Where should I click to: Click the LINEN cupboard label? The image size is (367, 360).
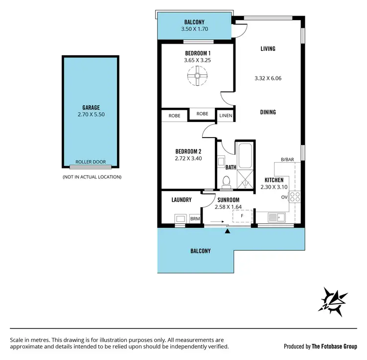(x=226, y=116)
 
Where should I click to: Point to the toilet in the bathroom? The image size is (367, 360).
(x=226, y=182)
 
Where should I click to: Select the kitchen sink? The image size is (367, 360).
(x=274, y=216)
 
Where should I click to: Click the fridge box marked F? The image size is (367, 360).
(x=242, y=216)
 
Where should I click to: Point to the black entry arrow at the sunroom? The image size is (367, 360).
(x=227, y=230)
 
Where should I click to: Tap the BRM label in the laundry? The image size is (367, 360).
(x=195, y=218)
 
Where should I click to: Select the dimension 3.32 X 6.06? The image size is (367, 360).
(x=268, y=78)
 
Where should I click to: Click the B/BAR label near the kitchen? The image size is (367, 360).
(x=287, y=159)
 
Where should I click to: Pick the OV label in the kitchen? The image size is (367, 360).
(x=284, y=197)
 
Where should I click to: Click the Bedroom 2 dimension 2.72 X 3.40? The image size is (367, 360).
(x=189, y=159)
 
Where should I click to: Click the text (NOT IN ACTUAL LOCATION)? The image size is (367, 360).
(x=92, y=177)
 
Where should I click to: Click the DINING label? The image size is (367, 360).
(x=268, y=112)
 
